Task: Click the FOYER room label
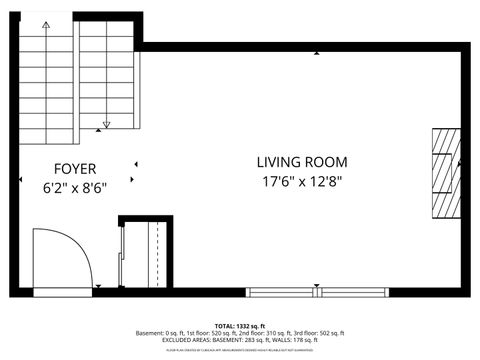74,169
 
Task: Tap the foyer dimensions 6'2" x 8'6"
74,186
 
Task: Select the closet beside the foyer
144,254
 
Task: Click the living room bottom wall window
316,292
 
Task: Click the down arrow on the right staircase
104,125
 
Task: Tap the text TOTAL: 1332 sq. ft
240,325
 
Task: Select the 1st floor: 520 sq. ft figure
209,332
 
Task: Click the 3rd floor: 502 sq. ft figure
317,332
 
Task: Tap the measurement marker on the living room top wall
317,52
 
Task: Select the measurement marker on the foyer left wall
23,180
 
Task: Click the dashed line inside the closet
157,254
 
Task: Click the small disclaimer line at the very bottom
240,349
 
